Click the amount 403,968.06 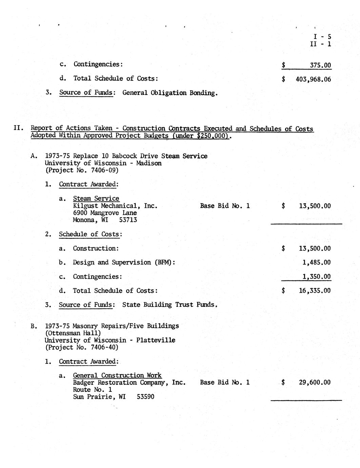coord(313,80)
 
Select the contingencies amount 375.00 coord(320,65)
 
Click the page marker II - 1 coord(320,44)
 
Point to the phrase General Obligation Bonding coord(170,93)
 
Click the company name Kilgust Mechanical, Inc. coord(115,206)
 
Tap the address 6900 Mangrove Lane coord(105,213)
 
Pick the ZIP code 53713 coord(128,220)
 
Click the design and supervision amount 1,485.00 coord(316,262)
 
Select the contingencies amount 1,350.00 coord(316,277)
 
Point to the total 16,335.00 coord(315,291)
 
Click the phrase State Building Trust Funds coord(169,305)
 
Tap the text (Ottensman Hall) coord(73,333)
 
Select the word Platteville coord(156,340)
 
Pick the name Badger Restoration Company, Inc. coord(129,383)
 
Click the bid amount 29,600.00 coord(315,383)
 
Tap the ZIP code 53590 coord(145,396)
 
